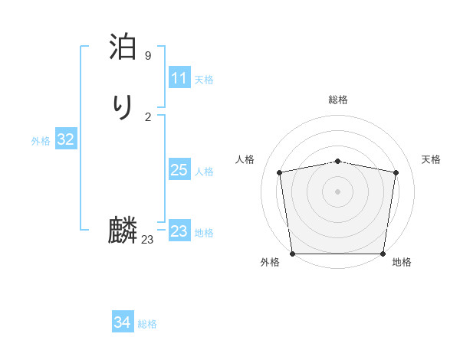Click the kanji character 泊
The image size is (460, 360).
(123, 47)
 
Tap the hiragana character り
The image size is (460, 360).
(123, 106)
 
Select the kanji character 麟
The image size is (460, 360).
(123, 230)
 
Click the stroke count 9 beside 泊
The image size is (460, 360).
(148, 56)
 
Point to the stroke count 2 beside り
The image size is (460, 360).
(148, 116)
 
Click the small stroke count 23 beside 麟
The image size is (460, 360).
(148, 240)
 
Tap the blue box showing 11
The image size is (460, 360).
(179, 78)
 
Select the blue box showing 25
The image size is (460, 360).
(179, 170)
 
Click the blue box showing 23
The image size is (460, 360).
(179, 231)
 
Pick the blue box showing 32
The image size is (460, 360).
(66, 139)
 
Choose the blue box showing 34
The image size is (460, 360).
(122, 322)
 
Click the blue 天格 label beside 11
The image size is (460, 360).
(204, 80)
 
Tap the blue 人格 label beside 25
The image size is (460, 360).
(204, 172)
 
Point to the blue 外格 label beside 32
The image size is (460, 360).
(41, 141)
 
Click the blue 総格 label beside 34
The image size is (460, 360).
(147, 324)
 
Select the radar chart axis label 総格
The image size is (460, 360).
(338, 100)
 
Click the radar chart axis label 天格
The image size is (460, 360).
(431, 159)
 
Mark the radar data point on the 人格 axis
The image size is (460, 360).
(280, 172)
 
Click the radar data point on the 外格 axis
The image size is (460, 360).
(293, 254)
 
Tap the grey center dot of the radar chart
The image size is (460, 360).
(338, 191)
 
